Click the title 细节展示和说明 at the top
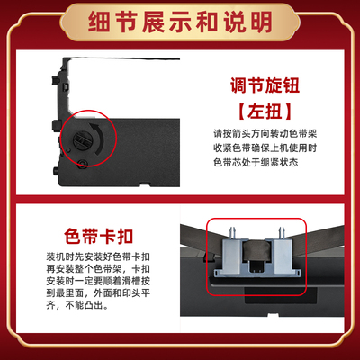pyautogui.click(x=180, y=19)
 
